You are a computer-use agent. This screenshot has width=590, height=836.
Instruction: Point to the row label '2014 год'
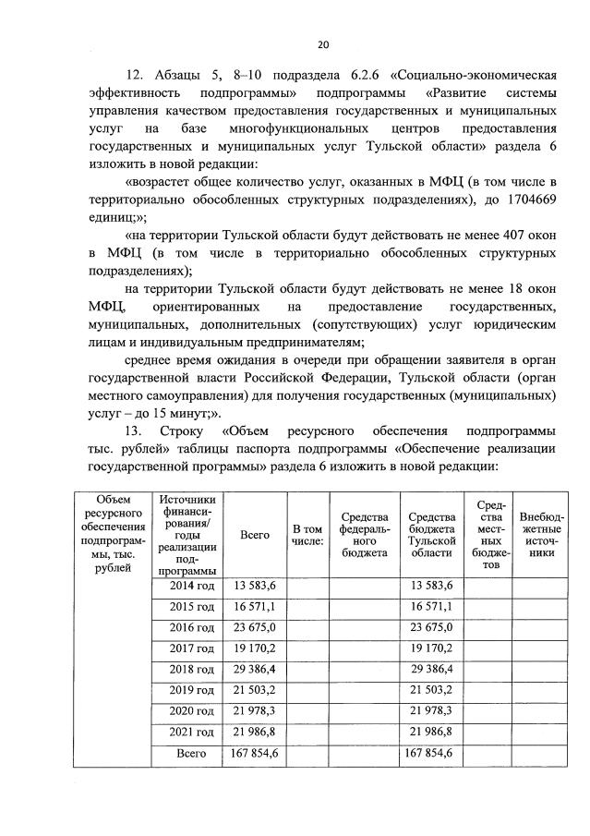[192, 585]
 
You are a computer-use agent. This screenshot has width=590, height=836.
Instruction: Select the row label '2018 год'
[192, 669]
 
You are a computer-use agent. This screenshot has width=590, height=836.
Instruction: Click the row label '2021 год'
[192, 732]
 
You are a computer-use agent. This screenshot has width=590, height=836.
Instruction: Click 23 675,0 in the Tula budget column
[430, 627]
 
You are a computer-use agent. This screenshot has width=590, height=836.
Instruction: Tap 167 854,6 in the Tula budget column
[430, 754]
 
